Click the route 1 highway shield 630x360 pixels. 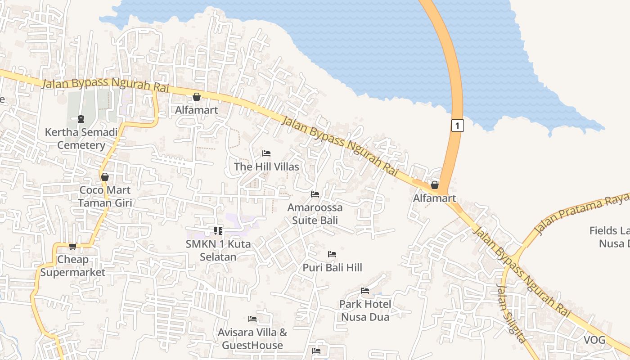(457, 126)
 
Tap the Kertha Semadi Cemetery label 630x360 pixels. (81, 139)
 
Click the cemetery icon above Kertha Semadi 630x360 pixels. (81, 119)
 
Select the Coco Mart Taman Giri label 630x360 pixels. (105, 197)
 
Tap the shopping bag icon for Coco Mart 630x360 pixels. (105, 177)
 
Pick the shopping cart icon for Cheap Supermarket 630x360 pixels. (72, 246)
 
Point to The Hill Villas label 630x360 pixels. (266, 166)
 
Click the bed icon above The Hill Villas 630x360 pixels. (266, 153)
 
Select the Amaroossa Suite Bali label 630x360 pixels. (315, 214)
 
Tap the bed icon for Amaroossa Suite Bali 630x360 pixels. (315, 194)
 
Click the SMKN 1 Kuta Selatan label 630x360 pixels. (218, 250)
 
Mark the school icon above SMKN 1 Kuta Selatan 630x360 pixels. (218, 231)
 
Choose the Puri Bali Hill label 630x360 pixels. (332, 268)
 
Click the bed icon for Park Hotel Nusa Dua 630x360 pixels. (365, 291)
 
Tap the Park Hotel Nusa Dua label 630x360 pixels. (365, 310)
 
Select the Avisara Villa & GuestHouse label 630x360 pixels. (252, 339)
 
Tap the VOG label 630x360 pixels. (594, 340)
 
